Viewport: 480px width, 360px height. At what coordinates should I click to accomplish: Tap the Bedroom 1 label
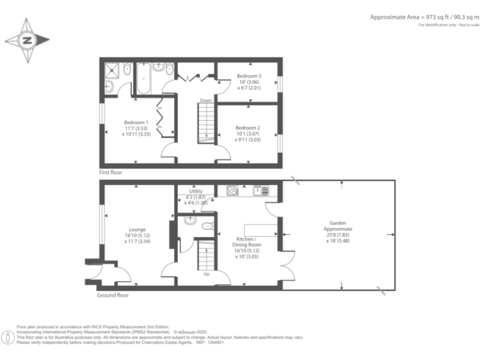point(136,128)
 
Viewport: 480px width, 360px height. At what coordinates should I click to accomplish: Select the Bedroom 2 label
point(247,133)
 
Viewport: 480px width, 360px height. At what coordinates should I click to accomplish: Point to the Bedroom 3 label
point(248,82)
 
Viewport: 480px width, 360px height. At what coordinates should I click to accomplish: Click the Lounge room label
point(137,234)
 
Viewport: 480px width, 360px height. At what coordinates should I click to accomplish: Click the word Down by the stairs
point(206,100)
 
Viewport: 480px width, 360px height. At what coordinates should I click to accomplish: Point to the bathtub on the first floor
point(142,79)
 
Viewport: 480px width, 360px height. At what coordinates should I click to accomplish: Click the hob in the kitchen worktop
point(232,190)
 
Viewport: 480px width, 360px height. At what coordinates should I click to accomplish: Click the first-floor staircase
point(206,122)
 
